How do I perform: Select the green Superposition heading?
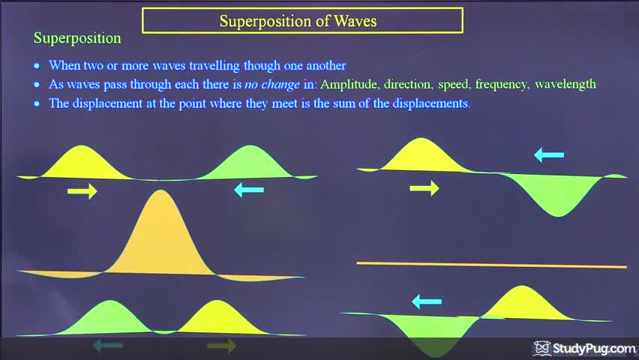point(77,37)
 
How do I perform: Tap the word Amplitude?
point(349,84)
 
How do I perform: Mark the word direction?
point(408,84)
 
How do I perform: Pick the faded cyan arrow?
point(108,346)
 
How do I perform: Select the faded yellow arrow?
point(221,346)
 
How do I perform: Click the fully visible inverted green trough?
point(556,196)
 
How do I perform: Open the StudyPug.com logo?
point(586,349)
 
